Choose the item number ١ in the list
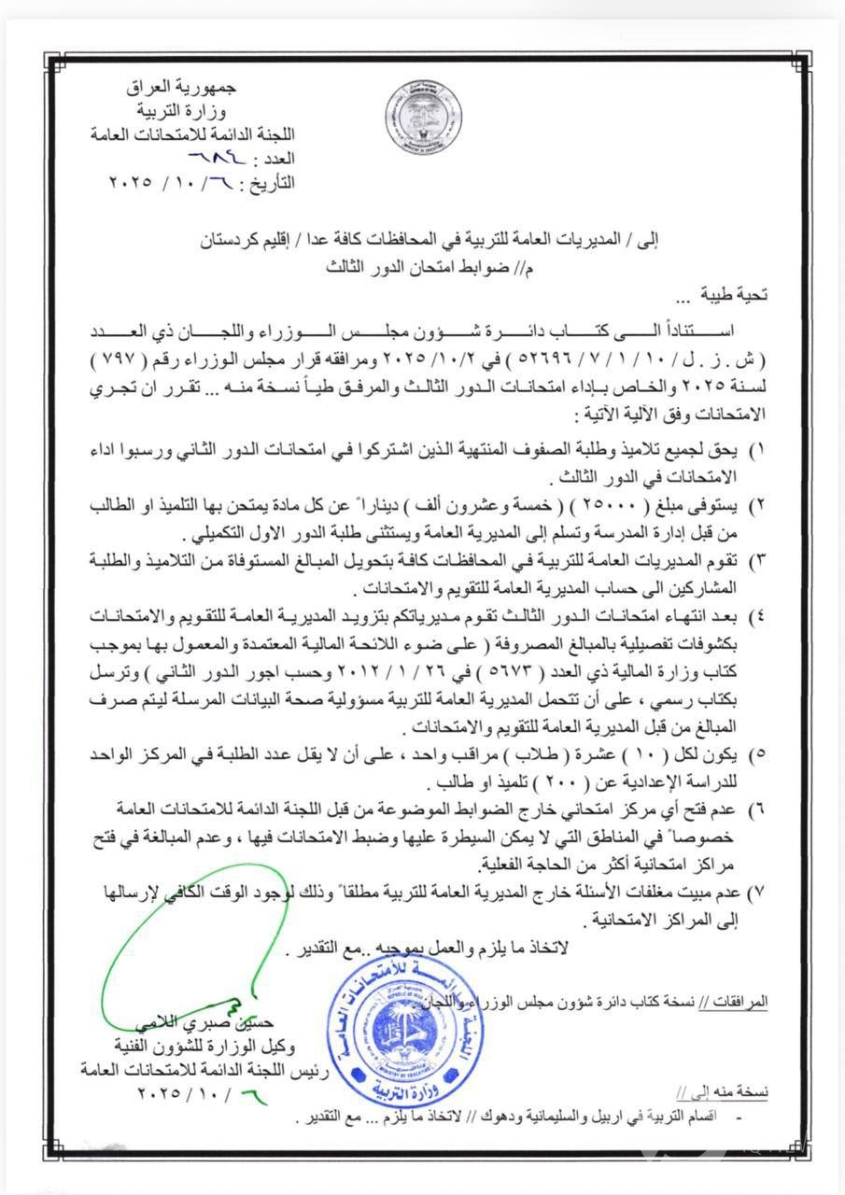click(x=759, y=450)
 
